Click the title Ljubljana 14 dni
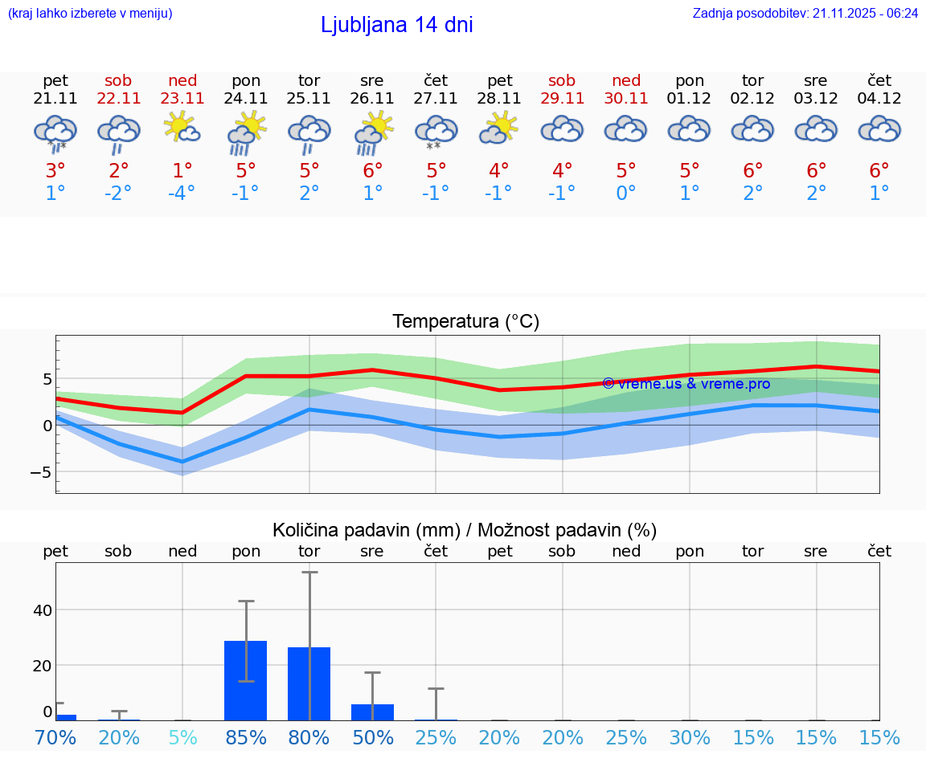[x=396, y=25]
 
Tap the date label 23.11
[x=182, y=99]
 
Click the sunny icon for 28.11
[x=499, y=128]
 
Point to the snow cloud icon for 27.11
[x=436, y=132]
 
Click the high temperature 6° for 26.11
[x=372, y=170]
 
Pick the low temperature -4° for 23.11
[x=182, y=194]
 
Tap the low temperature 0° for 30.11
[x=626, y=194]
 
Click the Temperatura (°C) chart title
[x=466, y=322]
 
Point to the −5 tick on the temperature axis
[x=40, y=472]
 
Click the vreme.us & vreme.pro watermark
[x=686, y=384]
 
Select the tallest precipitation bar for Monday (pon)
[x=245, y=680]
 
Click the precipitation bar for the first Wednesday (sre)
[x=372, y=712]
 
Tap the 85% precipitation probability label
[x=246, y=738]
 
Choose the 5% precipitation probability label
[x=182, y=738]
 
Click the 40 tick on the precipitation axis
[x=42, y=610]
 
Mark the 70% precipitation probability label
[x=55, y=738]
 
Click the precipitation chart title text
[x=465, y=530]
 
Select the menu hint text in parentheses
[x=89, y=13]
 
